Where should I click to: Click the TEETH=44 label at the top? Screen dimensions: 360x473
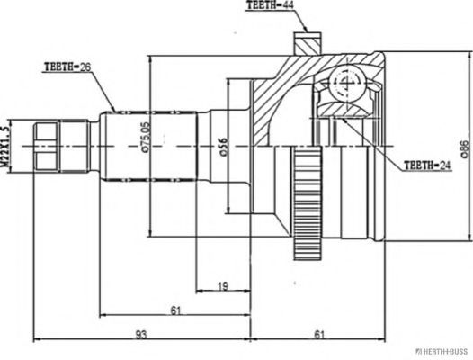272,6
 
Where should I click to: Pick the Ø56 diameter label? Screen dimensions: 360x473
222,147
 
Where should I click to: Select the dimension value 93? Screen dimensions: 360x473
141,335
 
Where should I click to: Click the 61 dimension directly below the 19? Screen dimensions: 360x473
176,310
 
